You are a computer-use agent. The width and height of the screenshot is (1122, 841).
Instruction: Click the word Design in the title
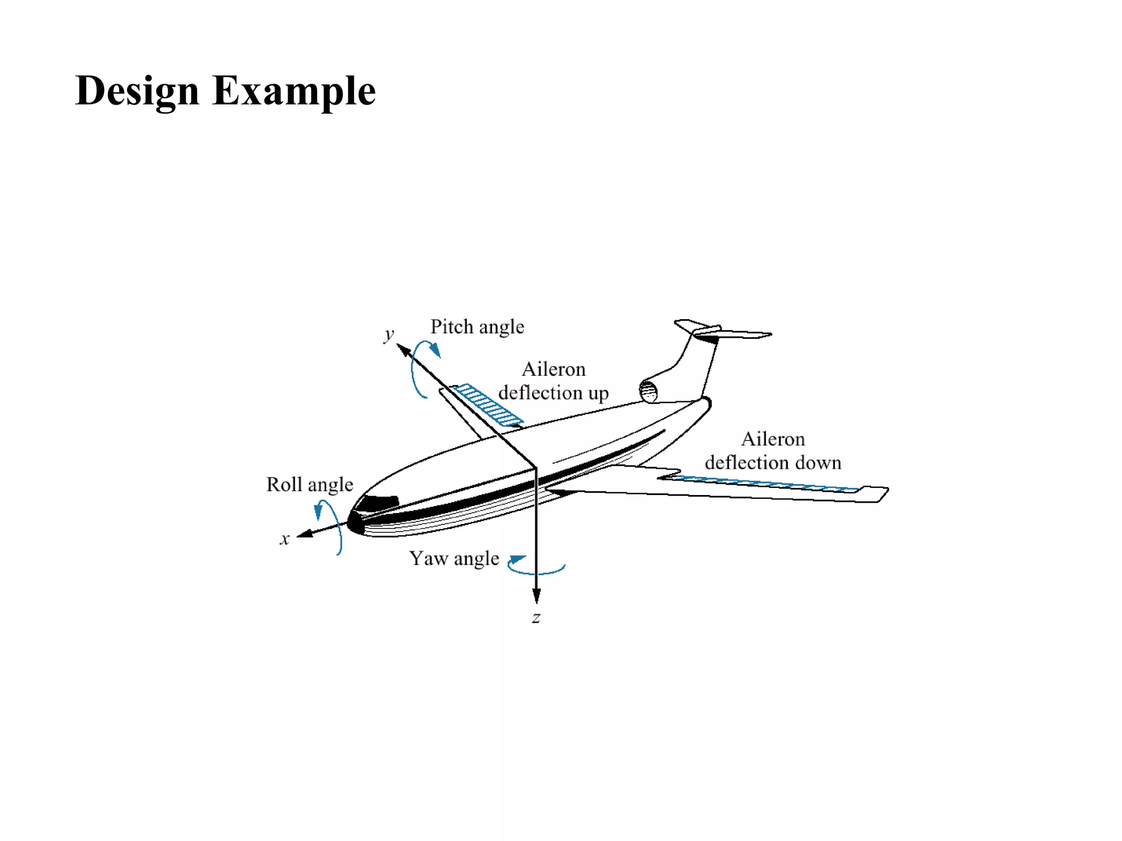point(137,91)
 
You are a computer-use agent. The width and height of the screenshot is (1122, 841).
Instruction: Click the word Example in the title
point(294,91)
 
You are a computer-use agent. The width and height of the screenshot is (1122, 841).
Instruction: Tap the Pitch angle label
point(477,327)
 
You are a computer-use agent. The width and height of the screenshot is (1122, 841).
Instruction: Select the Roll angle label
point(310,485)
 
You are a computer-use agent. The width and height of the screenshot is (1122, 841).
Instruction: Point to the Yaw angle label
point(454,558)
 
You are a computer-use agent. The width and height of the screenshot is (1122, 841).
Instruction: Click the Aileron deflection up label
point(553,381)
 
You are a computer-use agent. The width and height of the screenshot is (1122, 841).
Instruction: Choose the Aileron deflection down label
point(772,451)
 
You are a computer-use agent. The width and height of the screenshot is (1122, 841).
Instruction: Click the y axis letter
point(389,333)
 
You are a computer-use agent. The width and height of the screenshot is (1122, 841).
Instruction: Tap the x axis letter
point(284,539)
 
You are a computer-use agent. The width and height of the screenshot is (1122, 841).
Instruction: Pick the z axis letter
point(536,618)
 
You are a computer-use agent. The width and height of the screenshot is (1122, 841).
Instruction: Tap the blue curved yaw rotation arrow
point(534,569)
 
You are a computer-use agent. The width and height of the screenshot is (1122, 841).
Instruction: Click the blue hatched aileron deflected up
point(488,405)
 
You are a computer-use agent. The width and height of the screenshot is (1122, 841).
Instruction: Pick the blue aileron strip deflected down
point(762,484)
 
